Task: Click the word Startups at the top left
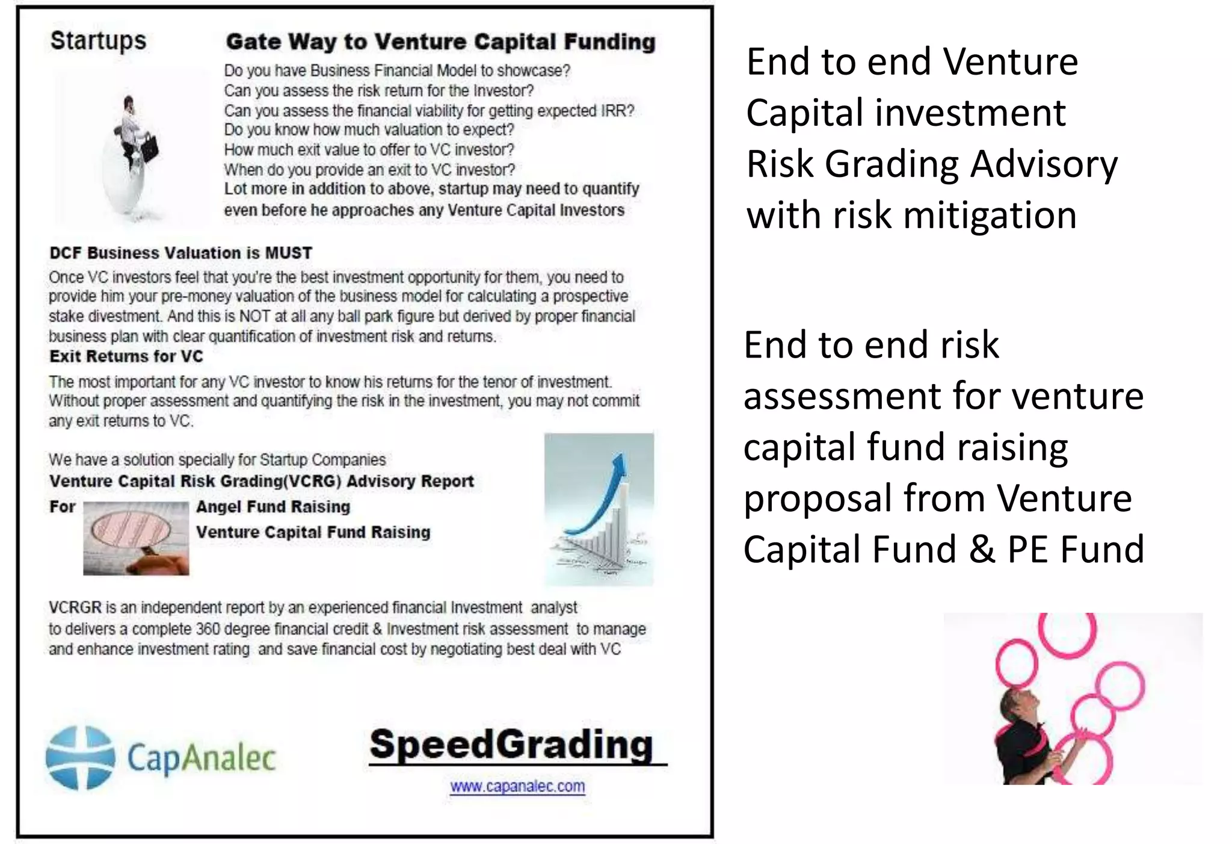tap(98, 41)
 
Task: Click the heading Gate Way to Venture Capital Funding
tap(440, 42)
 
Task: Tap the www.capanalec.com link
tap(517, 786)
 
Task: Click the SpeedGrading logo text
tap(511, 745)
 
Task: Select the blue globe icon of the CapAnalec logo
tap(81, 758)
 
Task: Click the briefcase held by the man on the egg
tap(150, 147)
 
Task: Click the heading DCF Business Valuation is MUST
tap(180, 253)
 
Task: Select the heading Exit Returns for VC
tap(126, 356)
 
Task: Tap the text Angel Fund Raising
tap(273, 507)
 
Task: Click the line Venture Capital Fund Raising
tap(313, 532)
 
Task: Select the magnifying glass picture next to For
tap(136, 538)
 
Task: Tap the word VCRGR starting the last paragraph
tap(75, 607)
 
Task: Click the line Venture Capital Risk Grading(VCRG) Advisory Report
tap(262, 482)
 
